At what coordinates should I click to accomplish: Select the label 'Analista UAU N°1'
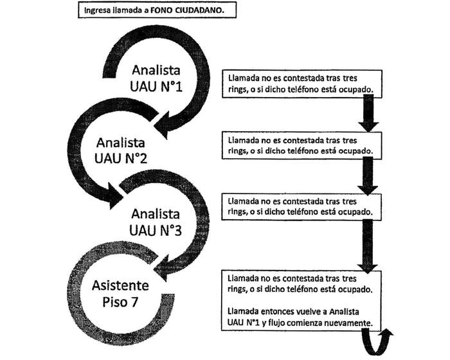tap(157, 77)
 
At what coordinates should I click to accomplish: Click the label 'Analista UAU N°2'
tap(122, 148)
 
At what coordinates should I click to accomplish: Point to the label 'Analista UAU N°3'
tap(156, 221)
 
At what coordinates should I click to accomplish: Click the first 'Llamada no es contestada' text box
tap(302, 83)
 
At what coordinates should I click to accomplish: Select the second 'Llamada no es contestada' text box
tap(302, 145)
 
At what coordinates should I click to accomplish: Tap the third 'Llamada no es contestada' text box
tap(302, 205)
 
